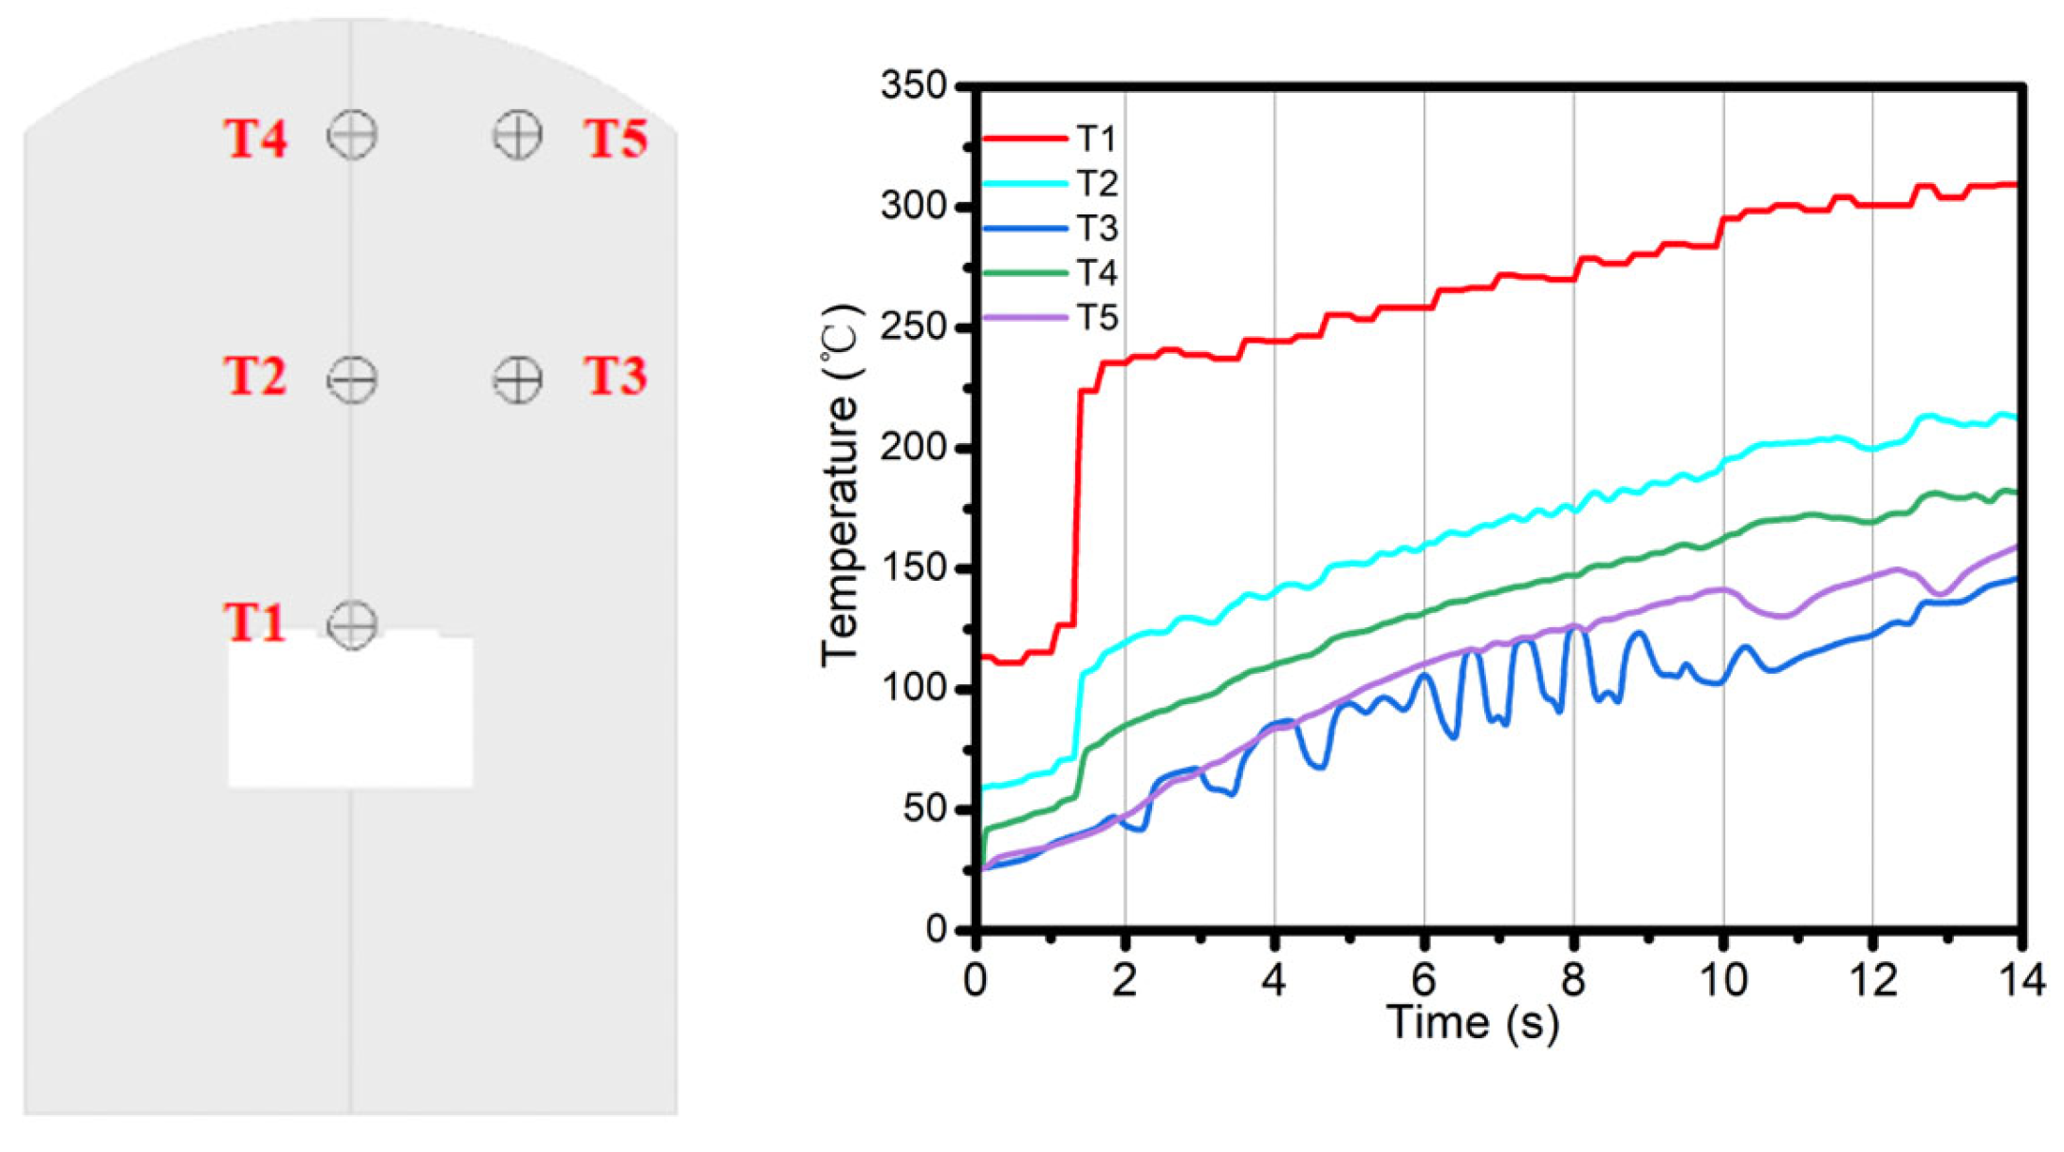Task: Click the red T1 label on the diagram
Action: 254,623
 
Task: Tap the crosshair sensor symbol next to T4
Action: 352,134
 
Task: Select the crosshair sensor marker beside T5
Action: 517,134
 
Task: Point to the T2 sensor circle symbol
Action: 352,380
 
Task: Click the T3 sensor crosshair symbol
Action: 517,380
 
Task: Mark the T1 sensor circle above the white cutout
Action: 352,624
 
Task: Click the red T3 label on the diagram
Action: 615,376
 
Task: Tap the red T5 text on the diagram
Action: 615,139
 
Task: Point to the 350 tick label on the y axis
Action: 913,86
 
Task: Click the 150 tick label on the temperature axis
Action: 913,568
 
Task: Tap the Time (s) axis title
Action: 1472,1024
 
